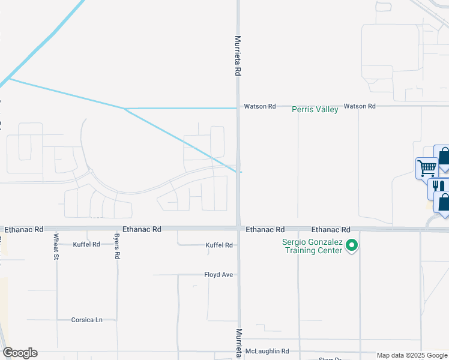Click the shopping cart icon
(426, 167)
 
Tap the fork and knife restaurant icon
(438, 187)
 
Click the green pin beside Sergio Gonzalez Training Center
(353, 245)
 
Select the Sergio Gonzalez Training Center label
(312, 246)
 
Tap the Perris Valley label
(315, 109)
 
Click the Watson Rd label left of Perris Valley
(259, 106)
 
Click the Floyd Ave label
(218, 275)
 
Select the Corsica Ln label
(87, 320)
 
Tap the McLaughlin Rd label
(269, 351)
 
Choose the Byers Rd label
(117, 247)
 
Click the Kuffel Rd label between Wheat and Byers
(86, 245)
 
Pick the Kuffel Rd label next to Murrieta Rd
(218, 245)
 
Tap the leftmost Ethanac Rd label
(24, 229)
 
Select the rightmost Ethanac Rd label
(331, 230)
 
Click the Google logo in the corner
(20, 353)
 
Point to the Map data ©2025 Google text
(412, 355)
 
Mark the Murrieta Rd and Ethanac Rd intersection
(239, 229)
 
